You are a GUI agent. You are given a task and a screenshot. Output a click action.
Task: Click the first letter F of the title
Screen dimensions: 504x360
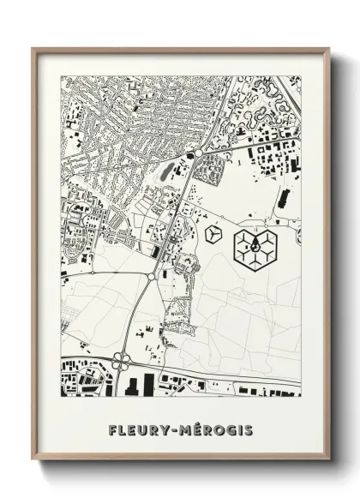pos(113,429)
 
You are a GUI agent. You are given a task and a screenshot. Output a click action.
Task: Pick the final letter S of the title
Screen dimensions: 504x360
pos(249,429)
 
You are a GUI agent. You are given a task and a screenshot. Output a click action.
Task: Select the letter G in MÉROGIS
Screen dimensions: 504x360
pos(229,429)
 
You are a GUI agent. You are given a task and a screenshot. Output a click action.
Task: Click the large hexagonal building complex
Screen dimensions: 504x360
pos(256,246)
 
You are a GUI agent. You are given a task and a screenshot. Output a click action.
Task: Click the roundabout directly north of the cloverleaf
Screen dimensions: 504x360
pos(151,276)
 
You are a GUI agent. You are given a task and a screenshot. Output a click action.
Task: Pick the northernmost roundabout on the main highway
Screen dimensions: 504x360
pos(198,153)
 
